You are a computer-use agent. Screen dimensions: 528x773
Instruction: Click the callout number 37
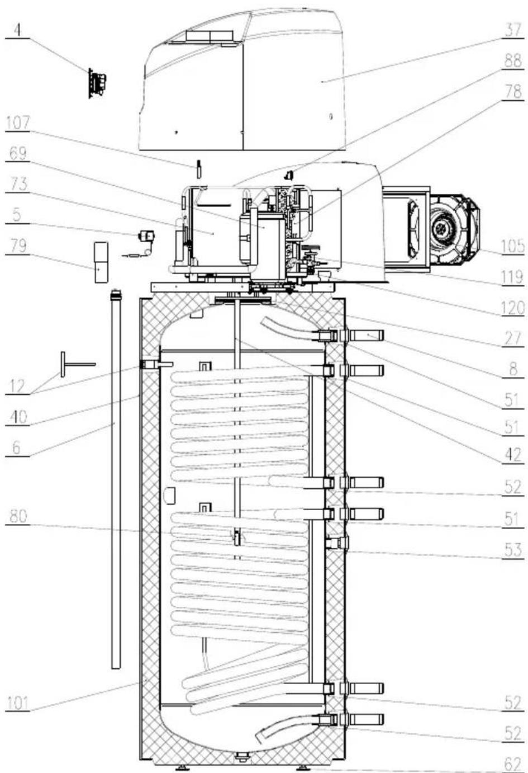coord(513,30)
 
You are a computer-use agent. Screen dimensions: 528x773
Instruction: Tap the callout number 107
coord(18,123)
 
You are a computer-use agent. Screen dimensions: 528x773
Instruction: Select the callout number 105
coord(512,247)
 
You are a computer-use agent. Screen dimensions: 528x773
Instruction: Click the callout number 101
coord(18,703)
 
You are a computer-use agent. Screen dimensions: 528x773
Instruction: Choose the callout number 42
coord(513,455)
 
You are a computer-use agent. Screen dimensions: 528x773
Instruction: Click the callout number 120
coord(512,308)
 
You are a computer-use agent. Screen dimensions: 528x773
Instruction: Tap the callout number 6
coord(16,448)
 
